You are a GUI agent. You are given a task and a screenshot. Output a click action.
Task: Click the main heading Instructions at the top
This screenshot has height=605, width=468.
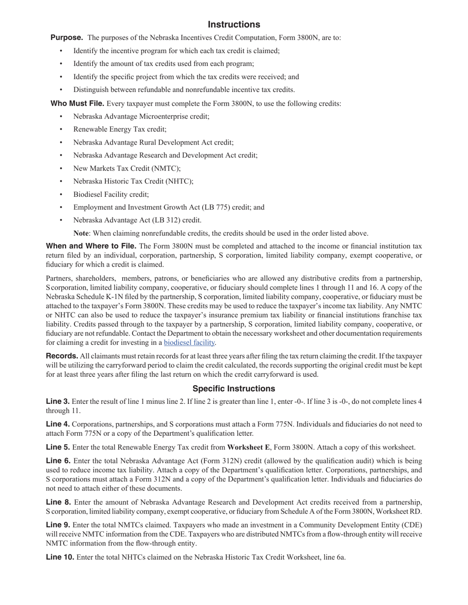point(234,25)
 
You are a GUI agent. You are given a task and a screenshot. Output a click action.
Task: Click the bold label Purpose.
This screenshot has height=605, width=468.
point(67,37)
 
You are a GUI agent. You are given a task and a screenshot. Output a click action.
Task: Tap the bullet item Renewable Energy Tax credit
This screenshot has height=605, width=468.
point(120,129)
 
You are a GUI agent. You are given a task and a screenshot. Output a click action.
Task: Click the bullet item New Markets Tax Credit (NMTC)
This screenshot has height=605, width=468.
point(127,168)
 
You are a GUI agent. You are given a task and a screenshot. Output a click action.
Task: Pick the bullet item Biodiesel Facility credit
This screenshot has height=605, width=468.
point(111,194)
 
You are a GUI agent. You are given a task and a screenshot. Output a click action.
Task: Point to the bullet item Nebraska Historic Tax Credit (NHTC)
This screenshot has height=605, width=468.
point(133,181)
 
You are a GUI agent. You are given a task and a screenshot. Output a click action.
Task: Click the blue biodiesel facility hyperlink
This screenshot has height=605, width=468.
point(189,342)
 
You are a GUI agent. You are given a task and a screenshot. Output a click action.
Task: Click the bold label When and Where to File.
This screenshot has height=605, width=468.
point(91,246)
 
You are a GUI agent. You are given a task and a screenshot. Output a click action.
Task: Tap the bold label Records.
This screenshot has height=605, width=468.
point(62,356)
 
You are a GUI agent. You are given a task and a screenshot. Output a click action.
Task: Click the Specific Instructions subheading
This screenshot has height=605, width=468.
point(234,389)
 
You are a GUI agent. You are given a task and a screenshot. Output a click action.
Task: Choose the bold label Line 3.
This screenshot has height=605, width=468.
point(58,401)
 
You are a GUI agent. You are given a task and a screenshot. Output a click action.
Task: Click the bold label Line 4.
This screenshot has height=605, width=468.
point(58,424)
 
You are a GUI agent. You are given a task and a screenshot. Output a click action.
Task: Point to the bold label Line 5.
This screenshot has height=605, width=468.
point(58,448)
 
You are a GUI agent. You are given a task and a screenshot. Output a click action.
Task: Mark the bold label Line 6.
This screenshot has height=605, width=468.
point(58,461)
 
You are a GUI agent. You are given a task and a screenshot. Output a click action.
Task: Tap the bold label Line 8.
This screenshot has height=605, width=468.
point(58,502)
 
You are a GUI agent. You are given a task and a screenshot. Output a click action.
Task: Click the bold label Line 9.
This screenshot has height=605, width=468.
point(58,525)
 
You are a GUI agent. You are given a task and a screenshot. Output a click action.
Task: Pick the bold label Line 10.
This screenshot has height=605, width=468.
point(60,557)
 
